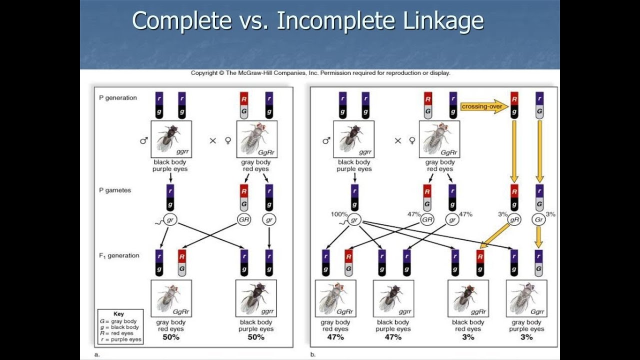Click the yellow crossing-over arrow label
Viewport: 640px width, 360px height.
click(483, 106)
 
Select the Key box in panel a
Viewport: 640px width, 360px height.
click(120, 326)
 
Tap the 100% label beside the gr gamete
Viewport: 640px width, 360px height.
click(338, 214)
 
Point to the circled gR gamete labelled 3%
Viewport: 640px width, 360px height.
click(514, 219)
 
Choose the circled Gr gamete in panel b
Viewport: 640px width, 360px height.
click(539, 219)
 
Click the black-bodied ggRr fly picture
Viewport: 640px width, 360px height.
click(468, 298)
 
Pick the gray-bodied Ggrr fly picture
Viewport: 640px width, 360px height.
click(526, 298)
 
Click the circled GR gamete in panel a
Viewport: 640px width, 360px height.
click(243, 219)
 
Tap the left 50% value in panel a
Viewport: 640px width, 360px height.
click(170, 337)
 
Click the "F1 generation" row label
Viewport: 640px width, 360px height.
click(119, 255)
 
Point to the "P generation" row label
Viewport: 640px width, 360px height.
click(117, 97)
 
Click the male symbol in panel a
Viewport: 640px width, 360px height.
click(144, 141)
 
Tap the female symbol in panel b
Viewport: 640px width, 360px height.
click(412, 141)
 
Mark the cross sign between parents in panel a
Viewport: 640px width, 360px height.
click(212, 141)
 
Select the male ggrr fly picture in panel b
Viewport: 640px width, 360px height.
click(354, 139)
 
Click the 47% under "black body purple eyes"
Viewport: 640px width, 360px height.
click(393, 337)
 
